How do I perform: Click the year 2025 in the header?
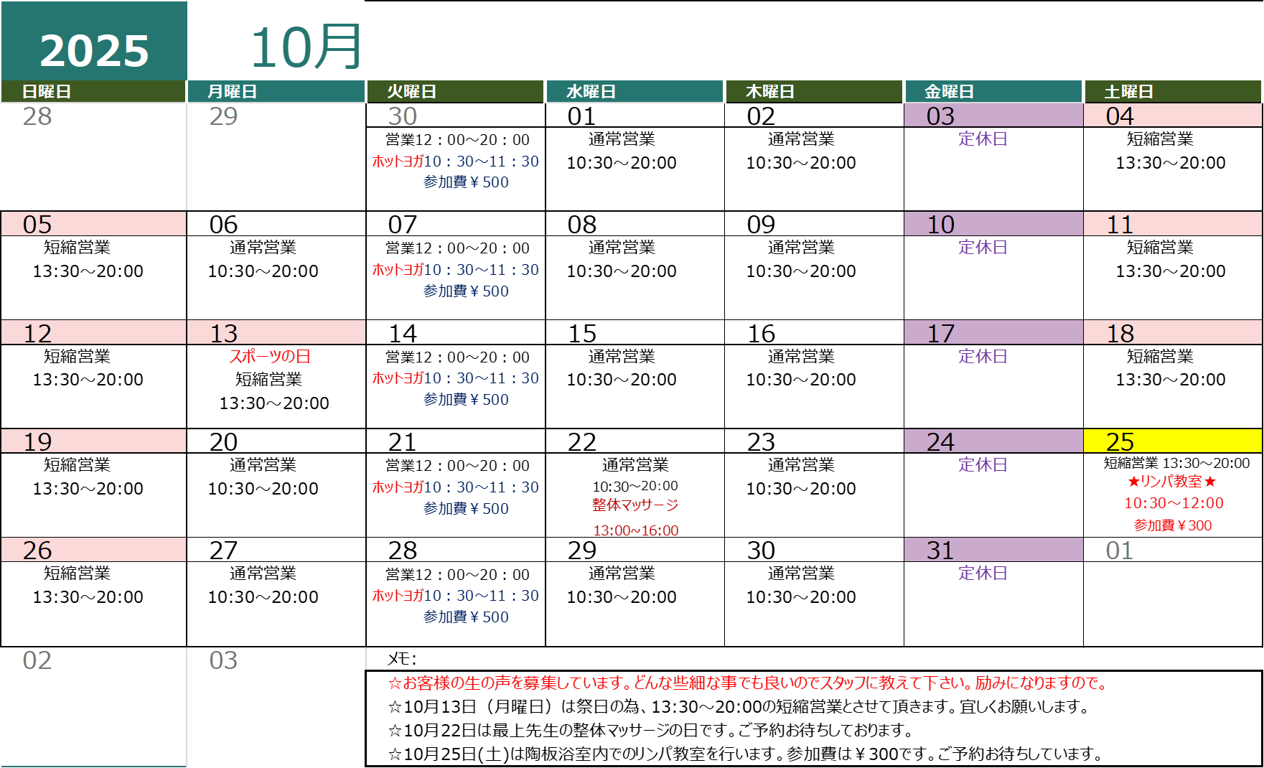[x=94, y=51]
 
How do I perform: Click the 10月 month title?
[x=306, y=47]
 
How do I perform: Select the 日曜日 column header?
[x=47, y=92]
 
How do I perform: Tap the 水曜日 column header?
[x=591, y=92]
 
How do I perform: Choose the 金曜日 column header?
[x=949, y=92]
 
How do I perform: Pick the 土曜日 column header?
[x=1128, y=92]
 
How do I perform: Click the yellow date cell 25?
[x=1172, y=441]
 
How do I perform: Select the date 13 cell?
[x=276, y=333]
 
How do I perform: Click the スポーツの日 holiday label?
[x=270, y=357]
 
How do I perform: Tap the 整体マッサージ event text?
[x=635, y=505]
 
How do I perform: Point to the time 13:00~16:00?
[x=635, y=531]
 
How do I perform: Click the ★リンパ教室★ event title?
[x=1172, y=482]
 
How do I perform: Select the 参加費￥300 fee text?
[x=1173, y=525]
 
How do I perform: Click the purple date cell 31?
[x=993, y=550]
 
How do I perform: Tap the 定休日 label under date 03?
[x=983, y=139]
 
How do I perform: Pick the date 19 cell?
[x=93, y=441]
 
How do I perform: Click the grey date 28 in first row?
[x=37, y=116]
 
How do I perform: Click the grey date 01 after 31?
[x=1120, y=551]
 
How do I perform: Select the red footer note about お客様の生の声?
[x=749, y=683]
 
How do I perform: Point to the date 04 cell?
[x=1172, y=116]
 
